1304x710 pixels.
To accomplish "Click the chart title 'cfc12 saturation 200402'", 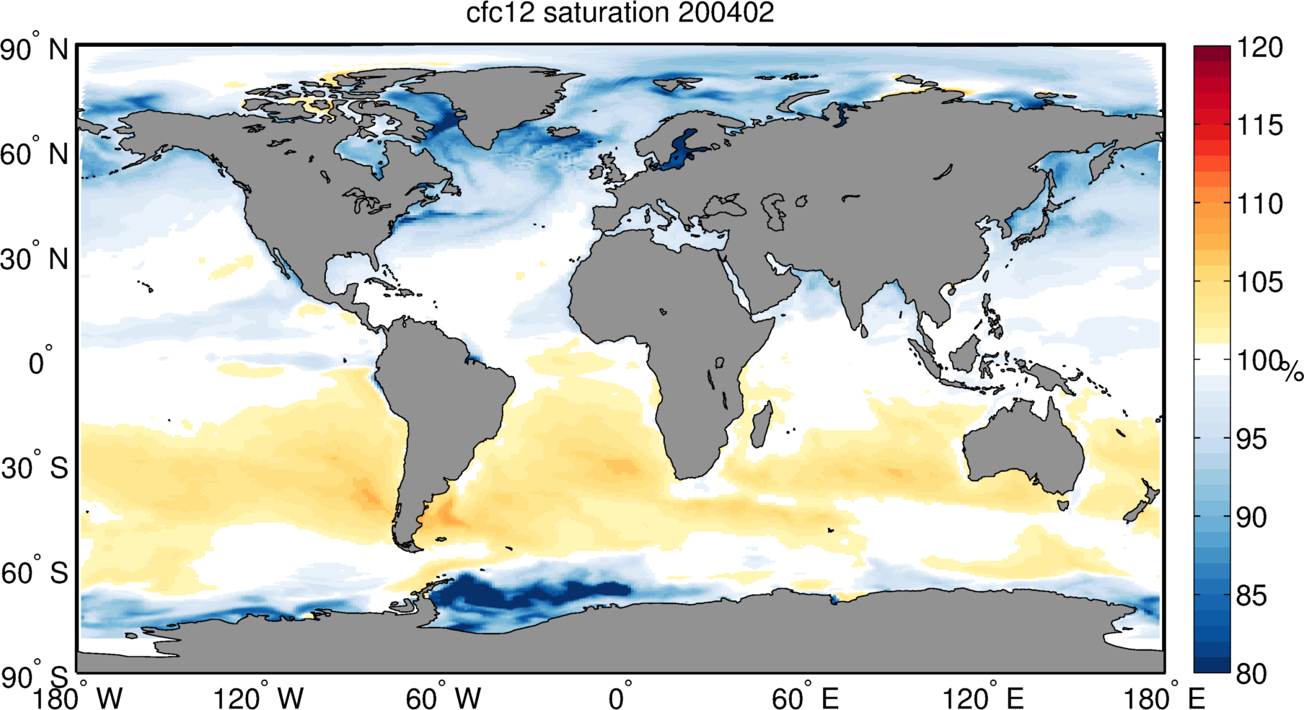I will (620, 13).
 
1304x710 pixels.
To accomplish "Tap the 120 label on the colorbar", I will (1260, 48).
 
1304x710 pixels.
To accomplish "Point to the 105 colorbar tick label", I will (1260, 282).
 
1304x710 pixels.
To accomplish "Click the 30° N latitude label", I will (34, 259).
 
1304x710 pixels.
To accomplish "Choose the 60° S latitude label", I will (34, 573).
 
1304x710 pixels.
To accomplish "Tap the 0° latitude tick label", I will (40, 361).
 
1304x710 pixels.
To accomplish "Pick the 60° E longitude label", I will (804, 697).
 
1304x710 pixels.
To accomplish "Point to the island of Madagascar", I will (762, 424).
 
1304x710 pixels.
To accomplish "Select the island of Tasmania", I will (1062, 502).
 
